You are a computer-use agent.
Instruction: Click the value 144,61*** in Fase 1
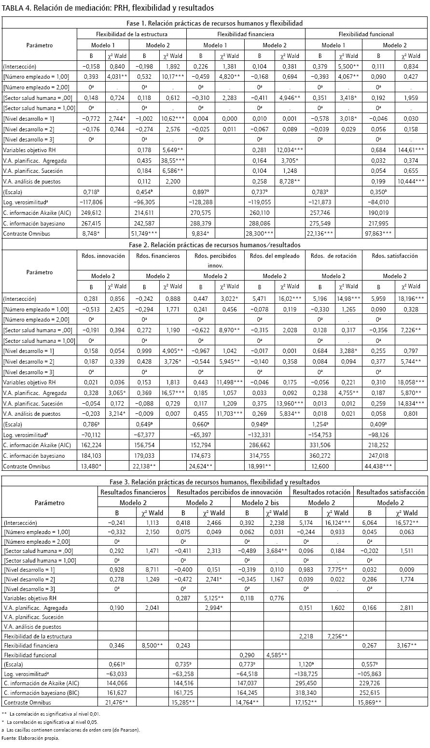coord(412,149)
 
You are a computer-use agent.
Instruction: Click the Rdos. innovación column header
coord(103,256)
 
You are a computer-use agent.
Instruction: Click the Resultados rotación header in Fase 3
coord(321,492)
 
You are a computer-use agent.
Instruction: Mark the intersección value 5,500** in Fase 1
coord(351,66)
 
